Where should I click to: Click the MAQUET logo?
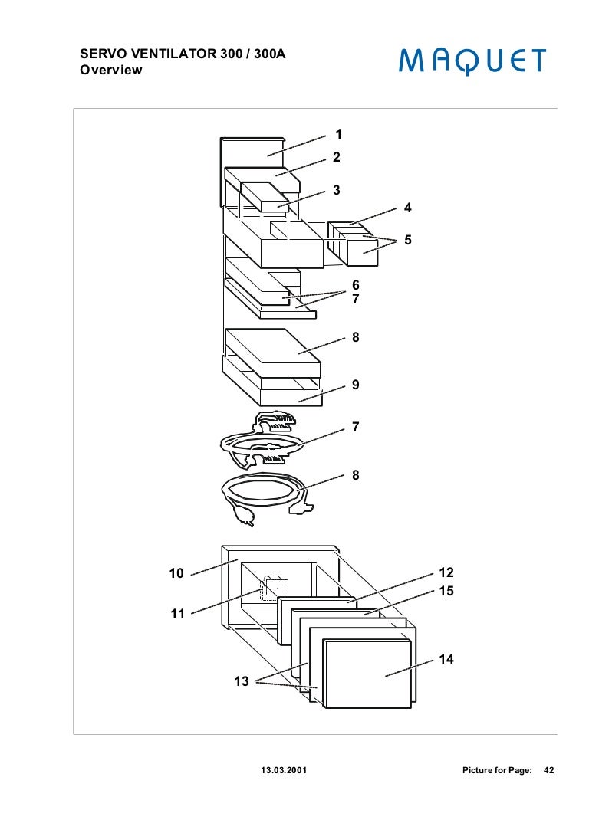472,61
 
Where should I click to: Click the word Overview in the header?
111,71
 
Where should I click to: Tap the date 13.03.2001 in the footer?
284,769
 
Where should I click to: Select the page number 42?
548,769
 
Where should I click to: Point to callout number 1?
338,134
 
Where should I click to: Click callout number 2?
336,157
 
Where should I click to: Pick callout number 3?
336,190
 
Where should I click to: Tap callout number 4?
408,208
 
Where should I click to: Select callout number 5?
408,240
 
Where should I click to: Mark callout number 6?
355,285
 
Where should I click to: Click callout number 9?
355,385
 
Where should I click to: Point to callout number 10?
176,573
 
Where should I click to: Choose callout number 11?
177,614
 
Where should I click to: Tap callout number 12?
446,572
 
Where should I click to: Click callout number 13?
242,681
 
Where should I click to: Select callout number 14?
446,659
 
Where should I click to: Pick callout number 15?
446,591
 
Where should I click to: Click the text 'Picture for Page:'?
497,769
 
